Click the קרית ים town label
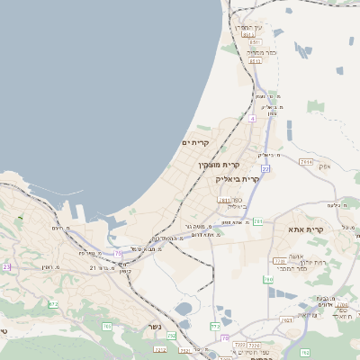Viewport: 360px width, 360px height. [x=195, y=143]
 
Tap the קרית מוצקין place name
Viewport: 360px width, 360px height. [x=220, y=166]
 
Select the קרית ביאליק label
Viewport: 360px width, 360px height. [x=238, y=179]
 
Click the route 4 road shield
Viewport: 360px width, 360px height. [x=254, y=118]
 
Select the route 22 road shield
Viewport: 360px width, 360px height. [x=265, y=168]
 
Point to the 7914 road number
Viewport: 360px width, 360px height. [x=306, y=162]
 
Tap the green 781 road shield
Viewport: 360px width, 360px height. [x=258, y=221]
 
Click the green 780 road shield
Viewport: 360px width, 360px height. [x=268, y=280]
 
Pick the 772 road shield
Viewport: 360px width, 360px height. [x=215, y=325]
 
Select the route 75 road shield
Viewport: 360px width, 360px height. [x=118, y=254]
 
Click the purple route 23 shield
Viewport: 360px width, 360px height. [x=6, y=267]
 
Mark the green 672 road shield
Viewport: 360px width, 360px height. [x=53, y=304]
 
